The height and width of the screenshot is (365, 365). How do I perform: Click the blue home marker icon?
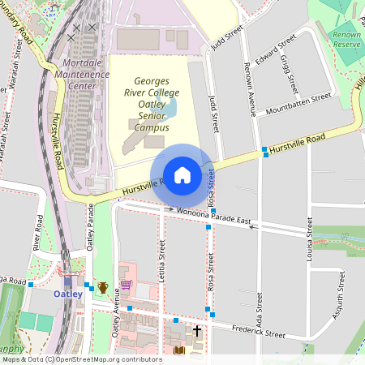tap(182, 174)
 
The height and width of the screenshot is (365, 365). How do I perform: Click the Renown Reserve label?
tap(346, 40)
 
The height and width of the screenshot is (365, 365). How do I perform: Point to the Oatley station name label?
tap(68, 294)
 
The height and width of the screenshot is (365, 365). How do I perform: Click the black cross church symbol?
tap(197, 331)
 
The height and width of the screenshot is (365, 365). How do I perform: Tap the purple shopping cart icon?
tap(126, 284)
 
